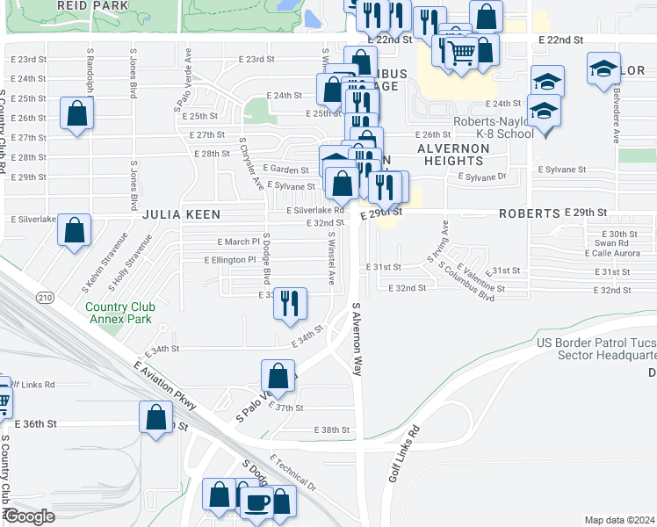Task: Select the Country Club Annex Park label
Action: point(119,312)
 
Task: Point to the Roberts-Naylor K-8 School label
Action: point(493,128)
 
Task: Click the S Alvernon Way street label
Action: point(357,340)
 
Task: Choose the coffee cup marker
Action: point(256,502)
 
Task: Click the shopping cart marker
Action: point(462,54)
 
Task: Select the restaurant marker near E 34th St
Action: point(288,303)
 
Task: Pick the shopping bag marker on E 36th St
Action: point(155,417)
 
